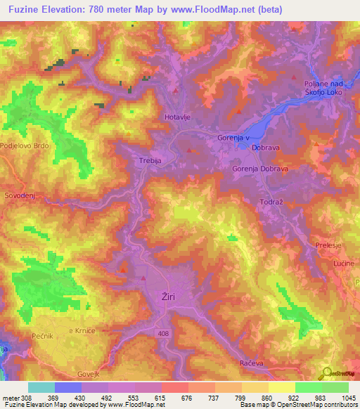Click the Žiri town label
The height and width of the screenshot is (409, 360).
click(x=169, y=297)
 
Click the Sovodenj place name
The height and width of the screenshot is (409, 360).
click(x=20, y=194)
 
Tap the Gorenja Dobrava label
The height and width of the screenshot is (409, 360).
click(x=261, y=169)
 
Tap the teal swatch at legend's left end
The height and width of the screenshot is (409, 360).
click(x=41, y=387)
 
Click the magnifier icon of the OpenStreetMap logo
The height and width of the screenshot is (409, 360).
click(x=326, y=372)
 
